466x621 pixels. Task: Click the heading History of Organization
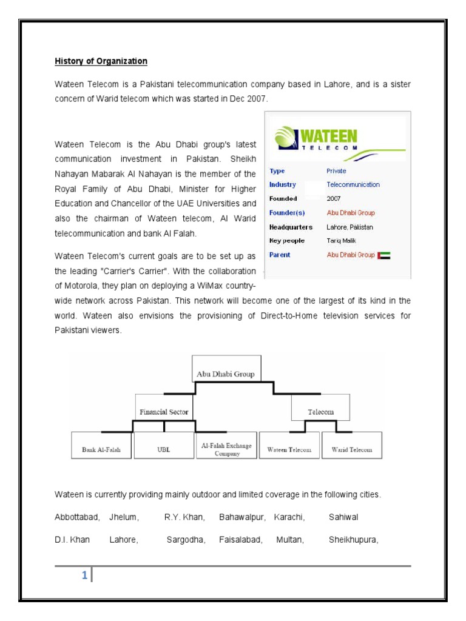tap(101, 61)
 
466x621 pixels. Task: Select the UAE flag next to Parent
tap(384, 255)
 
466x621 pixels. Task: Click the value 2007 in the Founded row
tap(334, 198)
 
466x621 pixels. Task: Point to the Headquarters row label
tap(291, 227)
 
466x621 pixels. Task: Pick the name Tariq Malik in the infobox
tap(342, 241)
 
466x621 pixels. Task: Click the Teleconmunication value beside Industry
tap(353, 184)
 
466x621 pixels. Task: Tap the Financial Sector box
tap(164, 412)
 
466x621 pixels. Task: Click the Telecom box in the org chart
tap(321, 412)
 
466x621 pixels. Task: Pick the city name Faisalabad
tap(241, 540)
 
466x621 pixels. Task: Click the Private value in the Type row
tap(337, 171)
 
